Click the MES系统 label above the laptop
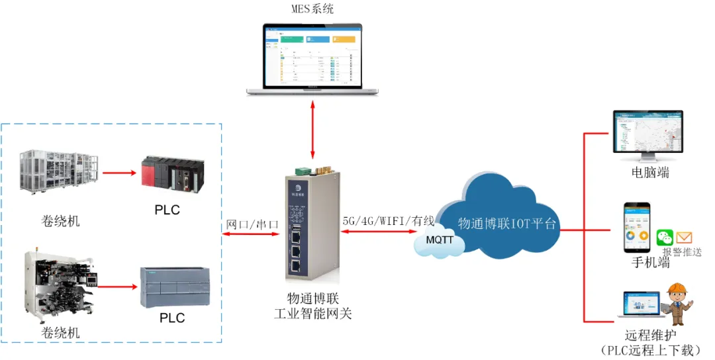pos(312,9)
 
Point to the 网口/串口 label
pos(252,224)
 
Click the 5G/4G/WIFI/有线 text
pos(389,220)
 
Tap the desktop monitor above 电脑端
pos(647,135)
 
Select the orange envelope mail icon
pos(684,238)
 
